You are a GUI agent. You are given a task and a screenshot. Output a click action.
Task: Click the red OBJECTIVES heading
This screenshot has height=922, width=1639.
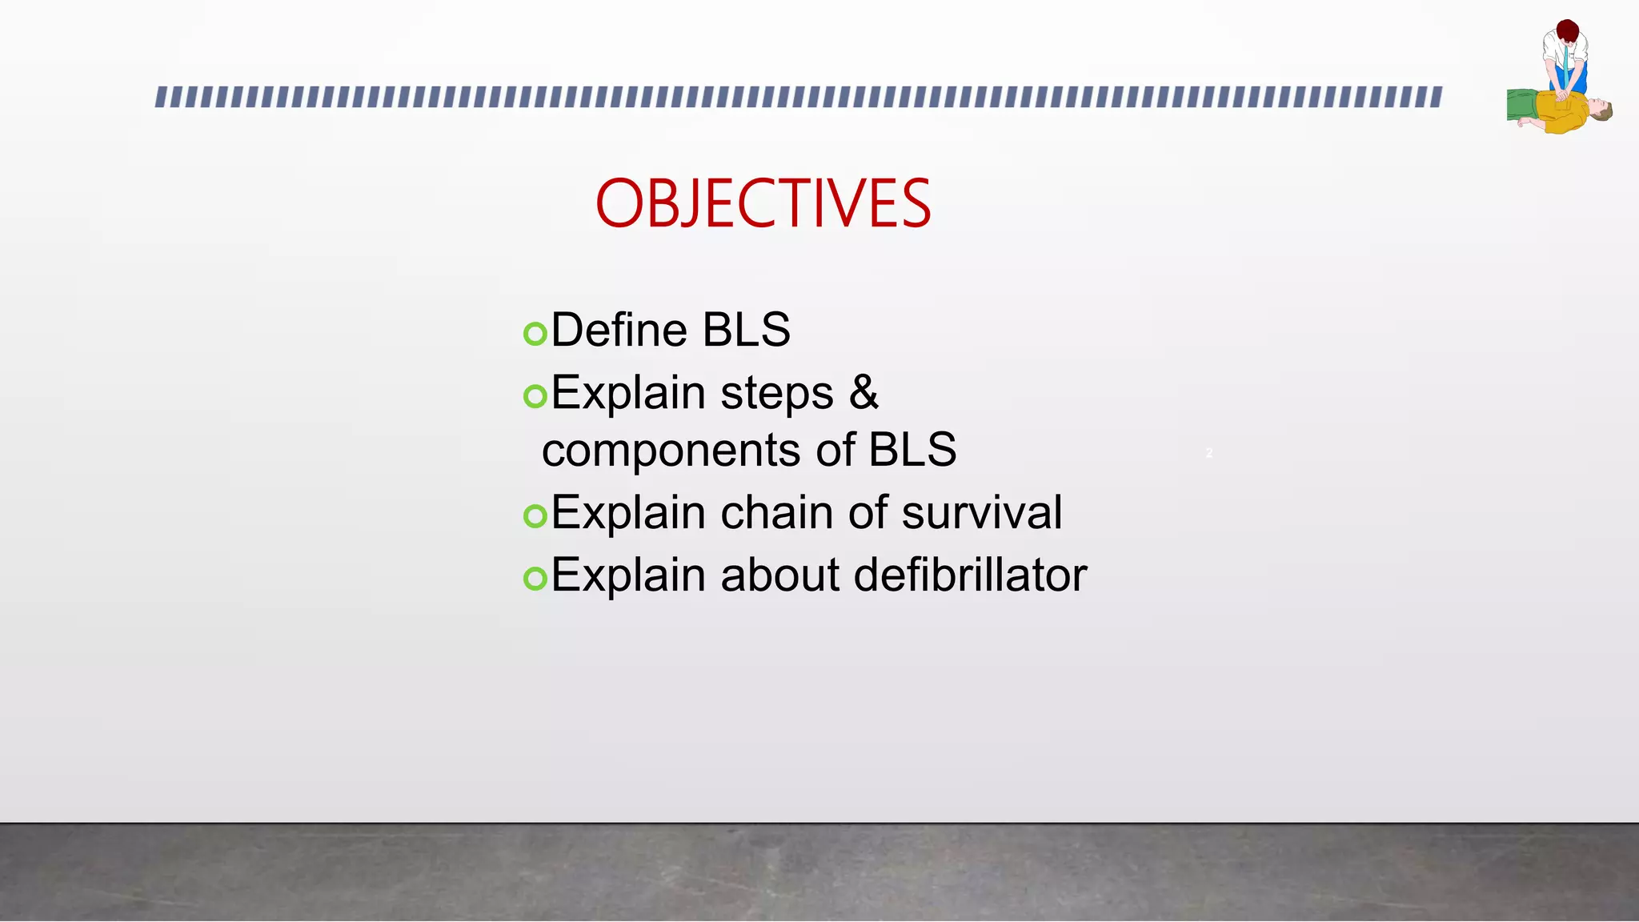tap(763, 203)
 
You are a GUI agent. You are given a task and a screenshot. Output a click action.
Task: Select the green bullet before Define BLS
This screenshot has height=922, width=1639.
tap(535, 333)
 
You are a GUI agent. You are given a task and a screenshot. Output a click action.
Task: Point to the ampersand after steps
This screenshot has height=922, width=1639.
tap(864, 393)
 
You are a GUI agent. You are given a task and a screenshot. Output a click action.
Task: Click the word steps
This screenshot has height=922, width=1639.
tap(776, 395)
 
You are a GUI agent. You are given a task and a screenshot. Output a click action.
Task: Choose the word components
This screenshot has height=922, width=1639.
tap(671, 450)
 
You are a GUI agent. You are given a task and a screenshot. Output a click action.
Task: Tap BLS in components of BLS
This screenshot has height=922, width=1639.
tap(912, 449)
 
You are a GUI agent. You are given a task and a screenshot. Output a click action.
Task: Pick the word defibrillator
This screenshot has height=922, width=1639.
tap(970, 575)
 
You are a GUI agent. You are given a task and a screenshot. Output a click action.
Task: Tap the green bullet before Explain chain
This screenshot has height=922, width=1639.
tap(535, 515)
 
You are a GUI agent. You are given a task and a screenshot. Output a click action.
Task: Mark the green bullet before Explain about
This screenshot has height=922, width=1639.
tap(535, 578)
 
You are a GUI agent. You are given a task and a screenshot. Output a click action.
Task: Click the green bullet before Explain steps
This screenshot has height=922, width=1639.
tap(535, 395)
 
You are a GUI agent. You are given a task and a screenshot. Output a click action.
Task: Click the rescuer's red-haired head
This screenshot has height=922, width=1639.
tap(1567, 32)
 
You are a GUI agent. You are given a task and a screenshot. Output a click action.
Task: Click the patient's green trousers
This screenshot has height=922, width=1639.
tap(1521, 105)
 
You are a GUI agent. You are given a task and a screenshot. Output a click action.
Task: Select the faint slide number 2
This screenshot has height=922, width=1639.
tap(1209, 453)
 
